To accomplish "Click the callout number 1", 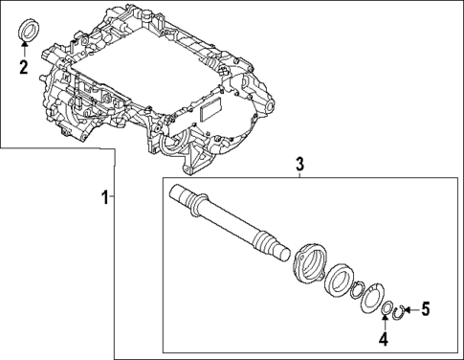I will pyautogui.click(x=104, y=197).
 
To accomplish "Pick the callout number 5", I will pyautogui.click(x=427, y=308).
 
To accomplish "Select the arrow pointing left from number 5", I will pyautogui.click(x=412, y=308).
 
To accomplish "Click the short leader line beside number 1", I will pyautogui.click(x=113, y=197).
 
